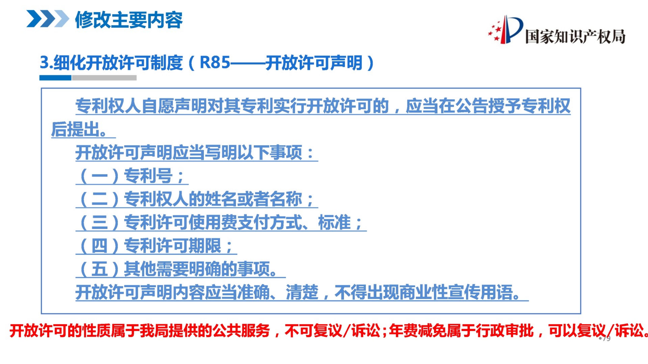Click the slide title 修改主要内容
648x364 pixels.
(129, 20)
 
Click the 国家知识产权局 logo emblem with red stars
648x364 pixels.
(505, 30)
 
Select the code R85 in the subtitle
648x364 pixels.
(215, 63)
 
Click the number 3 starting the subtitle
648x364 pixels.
(44, 63)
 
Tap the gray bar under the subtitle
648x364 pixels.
(104, 78)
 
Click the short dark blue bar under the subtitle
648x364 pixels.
(55, 78)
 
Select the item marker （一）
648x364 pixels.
(99, 176)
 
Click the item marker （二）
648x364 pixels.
(99, 199)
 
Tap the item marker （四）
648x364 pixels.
(99, 246)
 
